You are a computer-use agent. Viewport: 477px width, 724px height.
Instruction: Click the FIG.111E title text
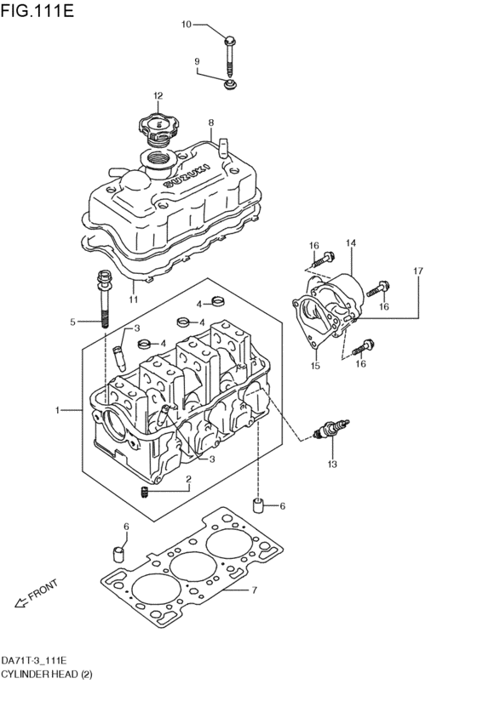37,10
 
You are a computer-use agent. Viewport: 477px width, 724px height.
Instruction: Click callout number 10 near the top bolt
186,24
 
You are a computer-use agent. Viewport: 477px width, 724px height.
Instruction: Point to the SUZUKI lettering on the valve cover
188,175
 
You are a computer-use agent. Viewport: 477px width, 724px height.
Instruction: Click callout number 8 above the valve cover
210,123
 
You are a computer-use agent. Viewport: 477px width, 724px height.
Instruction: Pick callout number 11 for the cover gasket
133,299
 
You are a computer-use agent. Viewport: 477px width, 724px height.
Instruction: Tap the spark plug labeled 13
331,429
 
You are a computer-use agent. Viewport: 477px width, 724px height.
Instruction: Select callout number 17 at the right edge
418,271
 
